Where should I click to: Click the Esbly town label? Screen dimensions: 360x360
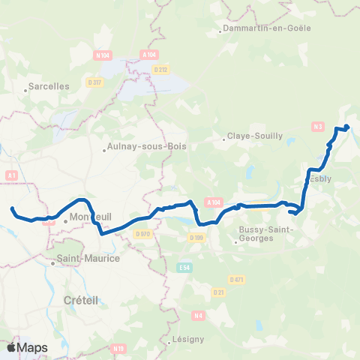click(319, 178)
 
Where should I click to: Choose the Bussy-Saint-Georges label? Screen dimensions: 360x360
click(259, 233)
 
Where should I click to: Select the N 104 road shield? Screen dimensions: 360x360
click(103, 55)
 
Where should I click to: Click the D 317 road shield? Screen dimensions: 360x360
click(94, 82)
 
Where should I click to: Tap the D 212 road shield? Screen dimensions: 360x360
click(160, 70)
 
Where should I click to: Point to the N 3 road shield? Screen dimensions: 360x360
click(319, 126)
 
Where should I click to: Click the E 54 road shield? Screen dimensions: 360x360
click(184, 267)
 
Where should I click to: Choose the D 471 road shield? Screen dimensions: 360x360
click(238, 279)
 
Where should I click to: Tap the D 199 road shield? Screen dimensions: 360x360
click(196, 237)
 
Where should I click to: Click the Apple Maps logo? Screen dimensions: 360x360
click(27, 348)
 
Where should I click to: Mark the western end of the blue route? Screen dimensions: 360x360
click(13, 208)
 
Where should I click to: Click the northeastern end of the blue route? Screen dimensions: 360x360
click(347, 126)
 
